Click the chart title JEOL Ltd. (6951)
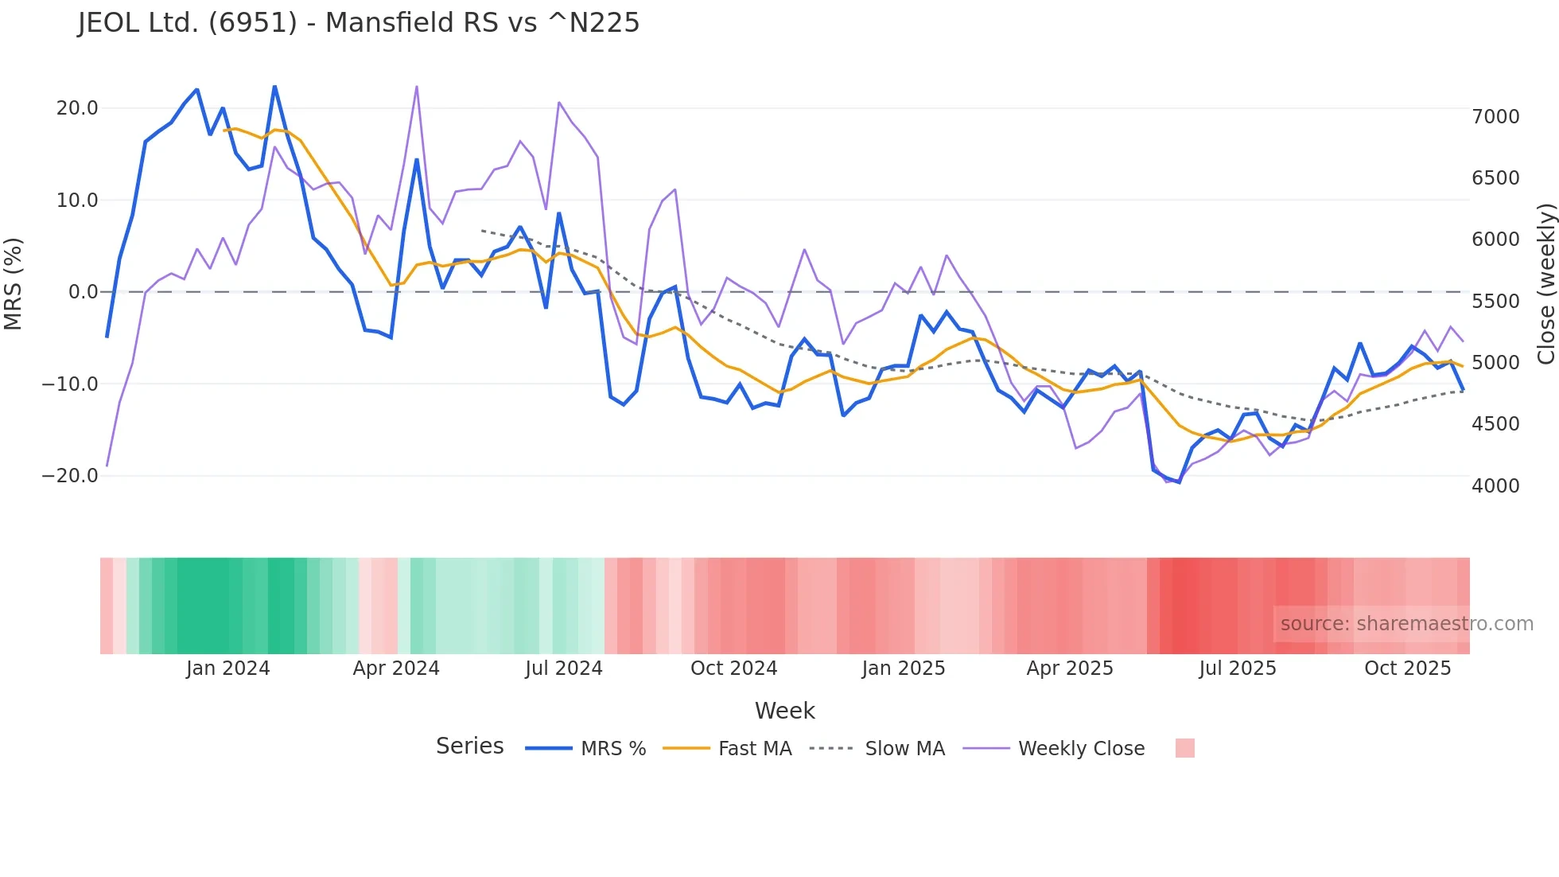point(358,22)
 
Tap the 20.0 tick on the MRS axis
point(77,108)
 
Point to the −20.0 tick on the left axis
point(70,476)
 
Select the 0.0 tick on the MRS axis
point(83,292)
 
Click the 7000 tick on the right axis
point(1495,117)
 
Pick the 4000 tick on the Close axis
point(1495,485)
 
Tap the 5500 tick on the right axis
point(1495,302)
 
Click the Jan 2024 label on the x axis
point(227,668)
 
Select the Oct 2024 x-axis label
point(733,668)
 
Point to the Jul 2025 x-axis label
point(1237,668)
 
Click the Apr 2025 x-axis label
point(1069,668)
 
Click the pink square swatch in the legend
point(1184,748)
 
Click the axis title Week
point(784,711)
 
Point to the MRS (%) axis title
point(14,283)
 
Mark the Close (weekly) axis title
point(1545,283)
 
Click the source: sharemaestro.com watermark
point(1406,624)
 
